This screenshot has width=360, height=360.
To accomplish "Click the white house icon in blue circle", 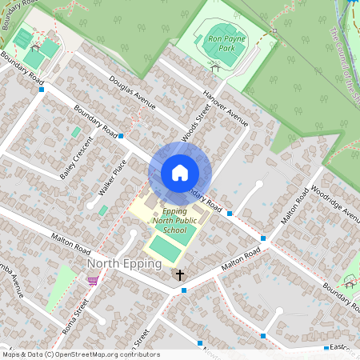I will [x=179, y=173].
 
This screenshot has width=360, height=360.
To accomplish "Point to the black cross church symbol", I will [x=180, y=275].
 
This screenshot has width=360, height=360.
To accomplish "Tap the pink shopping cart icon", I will [x=92, y=281].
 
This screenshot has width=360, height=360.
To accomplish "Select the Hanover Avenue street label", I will [x=226, y=107].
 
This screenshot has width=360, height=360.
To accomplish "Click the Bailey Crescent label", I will [x=77, y=157].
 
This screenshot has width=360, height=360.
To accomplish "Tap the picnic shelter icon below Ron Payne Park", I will [x=215, y=69].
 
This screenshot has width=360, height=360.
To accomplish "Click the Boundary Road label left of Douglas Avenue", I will [x=94, y=121].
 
